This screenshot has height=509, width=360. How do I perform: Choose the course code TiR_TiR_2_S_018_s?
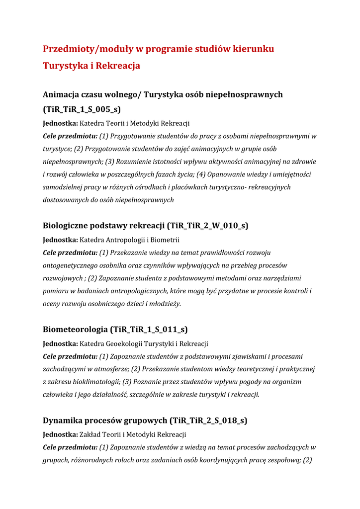[x=208, y=421]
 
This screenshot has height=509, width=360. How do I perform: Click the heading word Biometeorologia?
[x=75, y=329]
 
